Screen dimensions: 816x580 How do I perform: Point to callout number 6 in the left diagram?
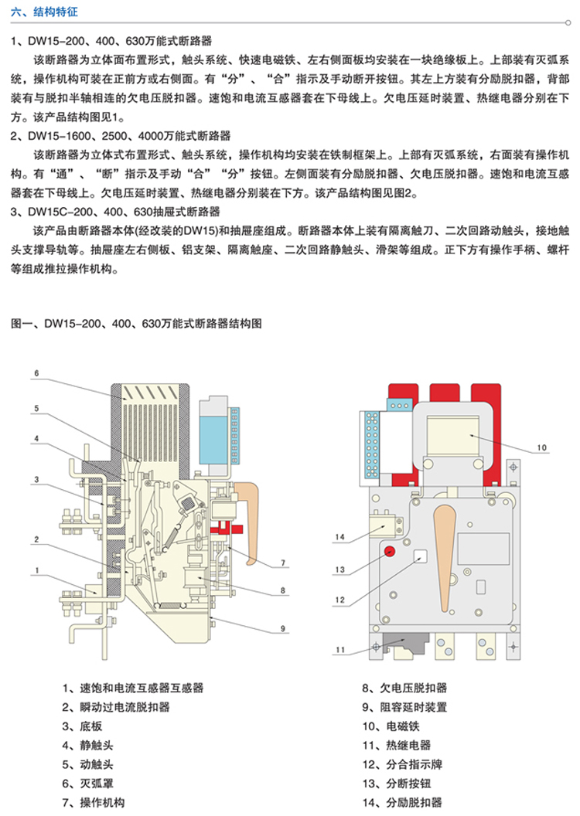coord(36,374)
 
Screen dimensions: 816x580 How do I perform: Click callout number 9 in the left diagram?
coord(284,628)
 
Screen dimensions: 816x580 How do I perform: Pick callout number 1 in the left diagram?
coord(36,571)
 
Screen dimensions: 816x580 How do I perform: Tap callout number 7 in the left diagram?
coord(284,562)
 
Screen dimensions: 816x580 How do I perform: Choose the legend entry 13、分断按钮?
coord(401,784)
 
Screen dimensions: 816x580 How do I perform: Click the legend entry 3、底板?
coord(83,726)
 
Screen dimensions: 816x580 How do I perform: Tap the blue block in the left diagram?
coord(213,438)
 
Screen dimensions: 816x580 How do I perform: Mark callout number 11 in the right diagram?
coord(340,651)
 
